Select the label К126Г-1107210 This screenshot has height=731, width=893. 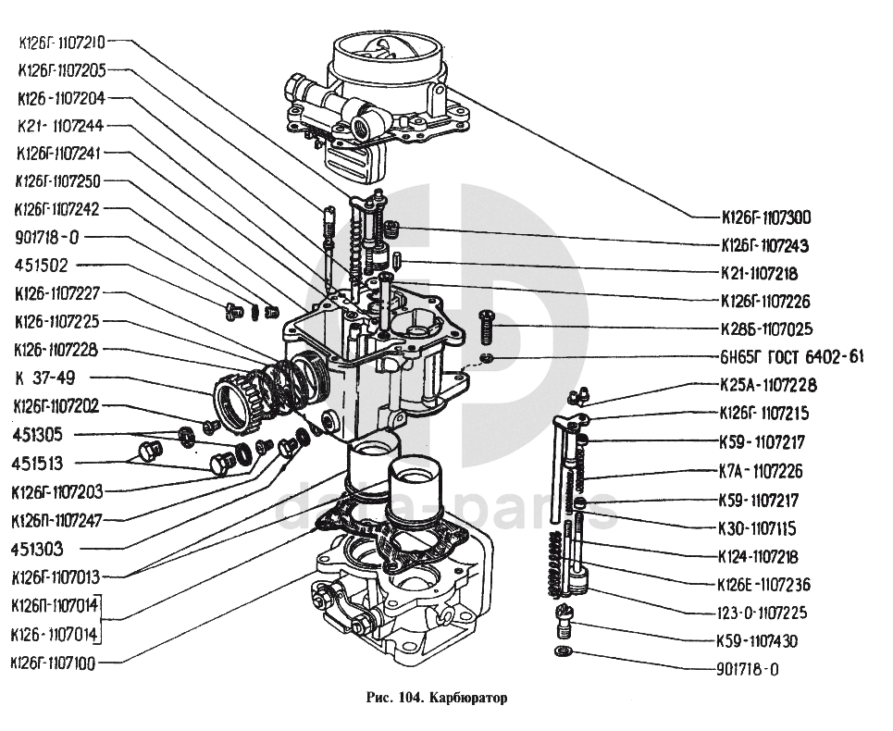(61, 42)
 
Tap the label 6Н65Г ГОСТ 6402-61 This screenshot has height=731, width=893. (791, 357)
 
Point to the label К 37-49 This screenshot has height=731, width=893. (46, 378)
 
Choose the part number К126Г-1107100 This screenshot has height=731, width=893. (56, 663)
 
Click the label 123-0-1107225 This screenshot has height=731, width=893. (761, 613)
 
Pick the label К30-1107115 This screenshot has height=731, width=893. (758, 528)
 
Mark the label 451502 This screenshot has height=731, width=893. (41, 265)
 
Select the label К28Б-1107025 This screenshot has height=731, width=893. (765, 328)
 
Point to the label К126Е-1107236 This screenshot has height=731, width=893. (764, 585)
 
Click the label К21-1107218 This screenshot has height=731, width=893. (758, 274)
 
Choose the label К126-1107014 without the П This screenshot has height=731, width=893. (53, 635)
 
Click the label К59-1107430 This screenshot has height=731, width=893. (758, 640)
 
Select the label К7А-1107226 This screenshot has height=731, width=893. (760, 472)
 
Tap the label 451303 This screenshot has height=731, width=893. (38, 549)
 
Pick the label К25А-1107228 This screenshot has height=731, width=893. (765, 385)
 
